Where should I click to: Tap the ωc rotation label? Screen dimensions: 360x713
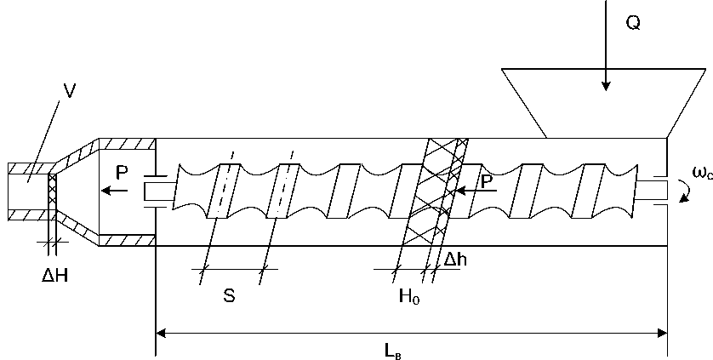click(x=701, y=174)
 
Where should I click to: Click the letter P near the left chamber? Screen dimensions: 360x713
click(x=123, y=172)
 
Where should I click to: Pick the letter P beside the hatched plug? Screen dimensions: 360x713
click(x=488, y=182)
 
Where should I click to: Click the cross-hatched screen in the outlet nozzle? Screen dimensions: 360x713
click(x=54, y=204)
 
